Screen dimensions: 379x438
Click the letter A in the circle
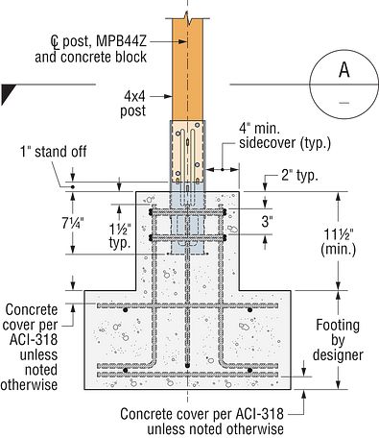(344, 70)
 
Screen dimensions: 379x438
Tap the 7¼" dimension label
(73, 223)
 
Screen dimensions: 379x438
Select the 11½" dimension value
(339, 235)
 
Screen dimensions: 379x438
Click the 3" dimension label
(267, 221)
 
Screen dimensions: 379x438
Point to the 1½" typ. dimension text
(120, 236)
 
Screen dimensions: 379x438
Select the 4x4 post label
(133, 103)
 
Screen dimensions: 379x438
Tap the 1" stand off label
(53, 151)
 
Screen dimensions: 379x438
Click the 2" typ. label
(299, 176)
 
